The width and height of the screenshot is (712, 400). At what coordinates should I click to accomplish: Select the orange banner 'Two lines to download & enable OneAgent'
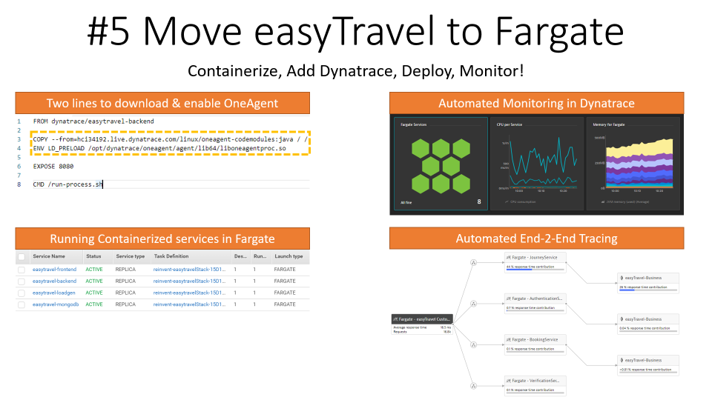162,103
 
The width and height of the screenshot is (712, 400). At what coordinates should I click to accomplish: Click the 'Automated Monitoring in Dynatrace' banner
536,103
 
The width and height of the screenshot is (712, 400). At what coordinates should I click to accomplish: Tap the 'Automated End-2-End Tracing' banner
536,238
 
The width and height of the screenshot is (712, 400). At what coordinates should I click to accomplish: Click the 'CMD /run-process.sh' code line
67,184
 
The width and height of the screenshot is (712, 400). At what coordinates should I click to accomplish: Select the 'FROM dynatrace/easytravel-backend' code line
93,121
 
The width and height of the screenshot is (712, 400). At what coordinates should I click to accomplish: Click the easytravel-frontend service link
54,269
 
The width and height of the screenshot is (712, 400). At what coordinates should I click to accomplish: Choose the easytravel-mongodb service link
55,304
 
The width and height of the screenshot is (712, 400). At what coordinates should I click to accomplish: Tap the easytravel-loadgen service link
54,293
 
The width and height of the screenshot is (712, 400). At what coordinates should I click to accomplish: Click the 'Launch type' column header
289,256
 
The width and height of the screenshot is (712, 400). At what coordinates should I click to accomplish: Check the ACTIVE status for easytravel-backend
93,281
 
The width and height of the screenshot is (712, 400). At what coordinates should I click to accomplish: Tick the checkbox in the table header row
22,257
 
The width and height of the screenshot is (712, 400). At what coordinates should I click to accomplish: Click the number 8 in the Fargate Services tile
479,201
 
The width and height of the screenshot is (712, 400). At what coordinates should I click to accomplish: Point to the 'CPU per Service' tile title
510,124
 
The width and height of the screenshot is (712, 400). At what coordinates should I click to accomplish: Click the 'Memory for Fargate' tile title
608,124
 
